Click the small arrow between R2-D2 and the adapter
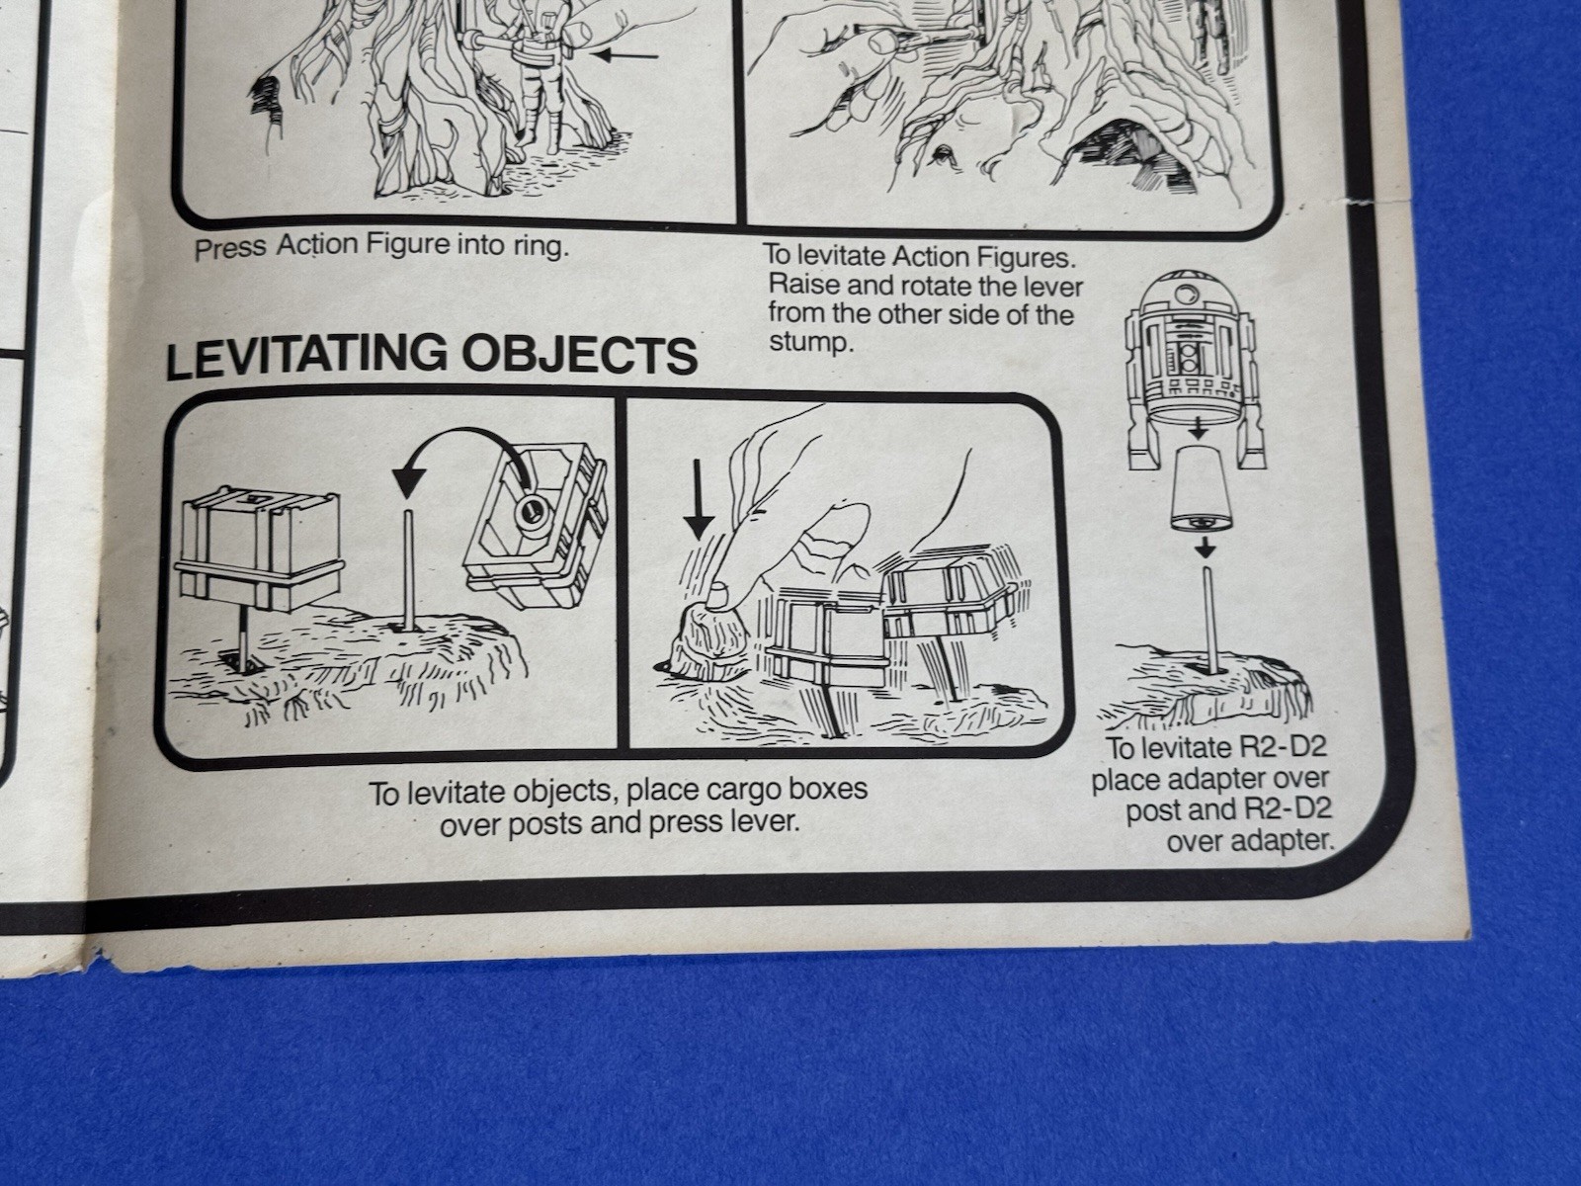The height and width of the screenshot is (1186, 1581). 1198,431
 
